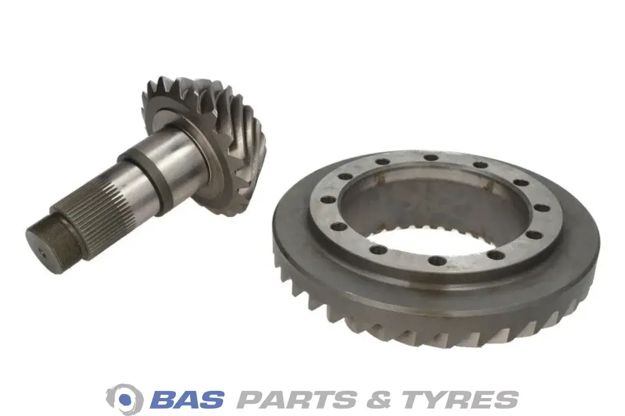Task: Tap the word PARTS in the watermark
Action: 297,399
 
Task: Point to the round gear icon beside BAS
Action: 124,399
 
